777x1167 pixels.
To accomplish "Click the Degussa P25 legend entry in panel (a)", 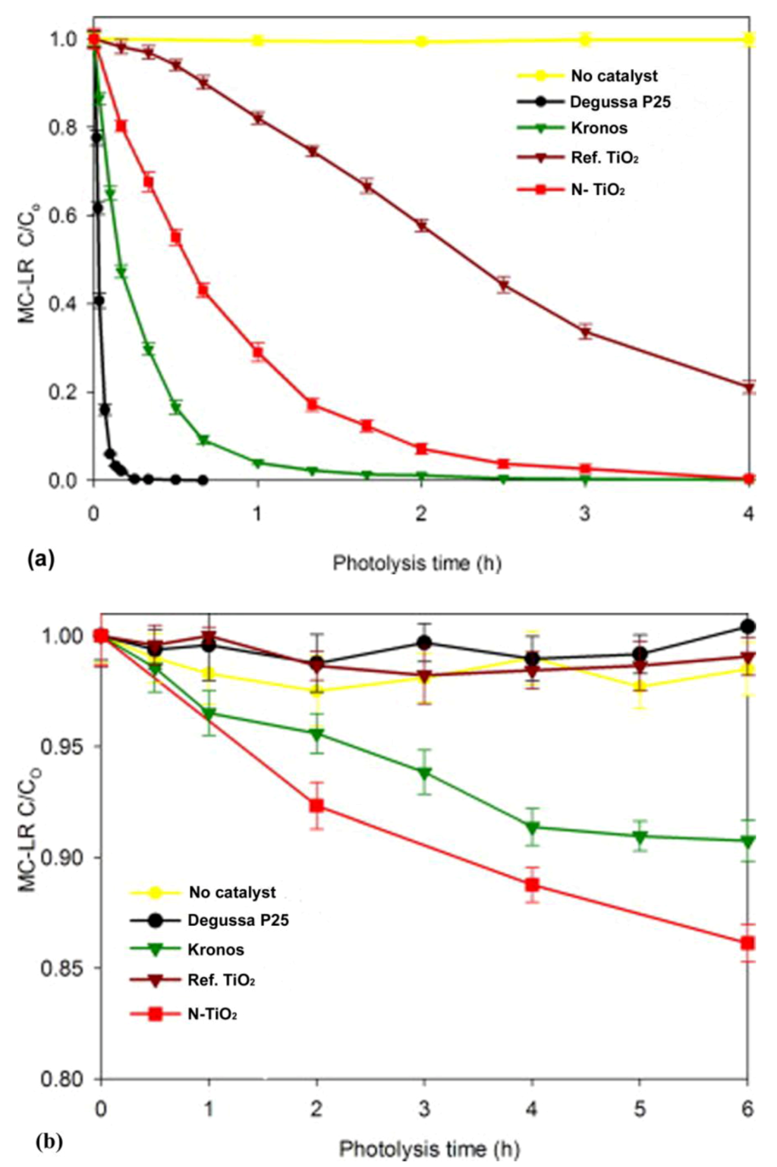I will coord(620,102).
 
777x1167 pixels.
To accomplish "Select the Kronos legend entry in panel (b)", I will coord(215,949).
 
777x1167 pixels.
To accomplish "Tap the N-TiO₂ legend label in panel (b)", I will coord(212,1014).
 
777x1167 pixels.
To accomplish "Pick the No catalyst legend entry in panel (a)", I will coord(613,76).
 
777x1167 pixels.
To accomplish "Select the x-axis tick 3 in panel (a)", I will coord(584,514).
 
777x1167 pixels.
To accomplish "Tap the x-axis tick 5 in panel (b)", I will coord(640,1109).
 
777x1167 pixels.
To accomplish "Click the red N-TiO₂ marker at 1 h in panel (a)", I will coord(258,351).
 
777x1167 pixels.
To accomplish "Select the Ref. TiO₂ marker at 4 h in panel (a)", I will coord(749,388).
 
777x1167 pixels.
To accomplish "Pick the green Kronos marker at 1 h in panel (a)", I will coord(258,463).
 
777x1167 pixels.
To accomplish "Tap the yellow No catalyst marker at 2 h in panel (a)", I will coord(421,41).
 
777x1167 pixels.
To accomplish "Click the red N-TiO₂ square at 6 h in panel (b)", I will coord(747,943).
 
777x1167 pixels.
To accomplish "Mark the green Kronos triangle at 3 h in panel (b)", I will coord(424,773).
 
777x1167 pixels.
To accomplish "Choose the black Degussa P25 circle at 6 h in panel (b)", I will coord(747,626).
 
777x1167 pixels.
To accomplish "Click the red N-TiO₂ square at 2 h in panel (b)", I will coord(316,805).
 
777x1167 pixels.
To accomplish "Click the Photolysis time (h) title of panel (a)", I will coord(417,563).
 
